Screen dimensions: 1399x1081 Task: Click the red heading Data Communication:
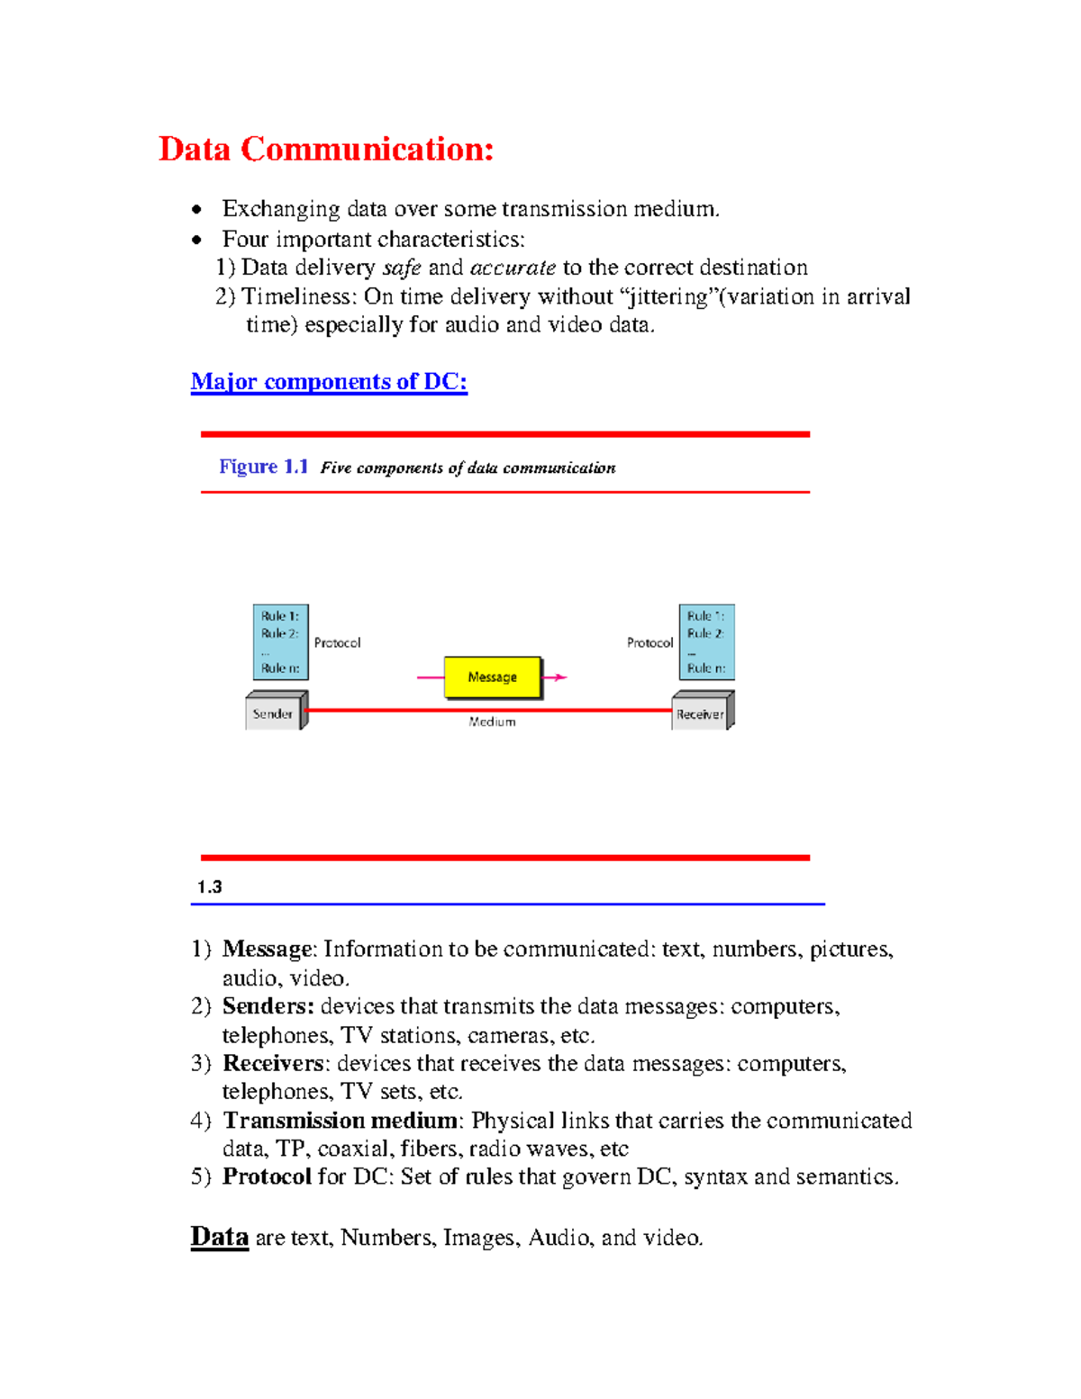(326, 150)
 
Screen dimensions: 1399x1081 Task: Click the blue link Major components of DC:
(329, 382)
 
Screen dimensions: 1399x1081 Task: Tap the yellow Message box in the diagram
(493, 677)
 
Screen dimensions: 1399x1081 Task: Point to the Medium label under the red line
(492, 722)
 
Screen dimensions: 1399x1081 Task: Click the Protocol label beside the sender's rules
(337, 643)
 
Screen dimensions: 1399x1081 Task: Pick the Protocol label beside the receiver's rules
(650, 643)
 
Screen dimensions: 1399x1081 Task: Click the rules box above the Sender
(280, 642)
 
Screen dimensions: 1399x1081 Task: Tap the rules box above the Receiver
(706, 642)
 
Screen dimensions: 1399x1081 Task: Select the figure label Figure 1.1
(263, 467)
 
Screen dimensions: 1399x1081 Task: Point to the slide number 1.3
(210, 887)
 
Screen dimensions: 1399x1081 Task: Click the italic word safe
(402, 268)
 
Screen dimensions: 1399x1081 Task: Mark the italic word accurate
(513, 268)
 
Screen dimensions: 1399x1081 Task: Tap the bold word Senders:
(268, 1006)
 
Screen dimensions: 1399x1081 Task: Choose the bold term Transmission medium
(341, 1121)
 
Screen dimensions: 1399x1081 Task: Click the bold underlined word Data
(219, 1237)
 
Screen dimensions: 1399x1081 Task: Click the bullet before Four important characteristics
(197, 240)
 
